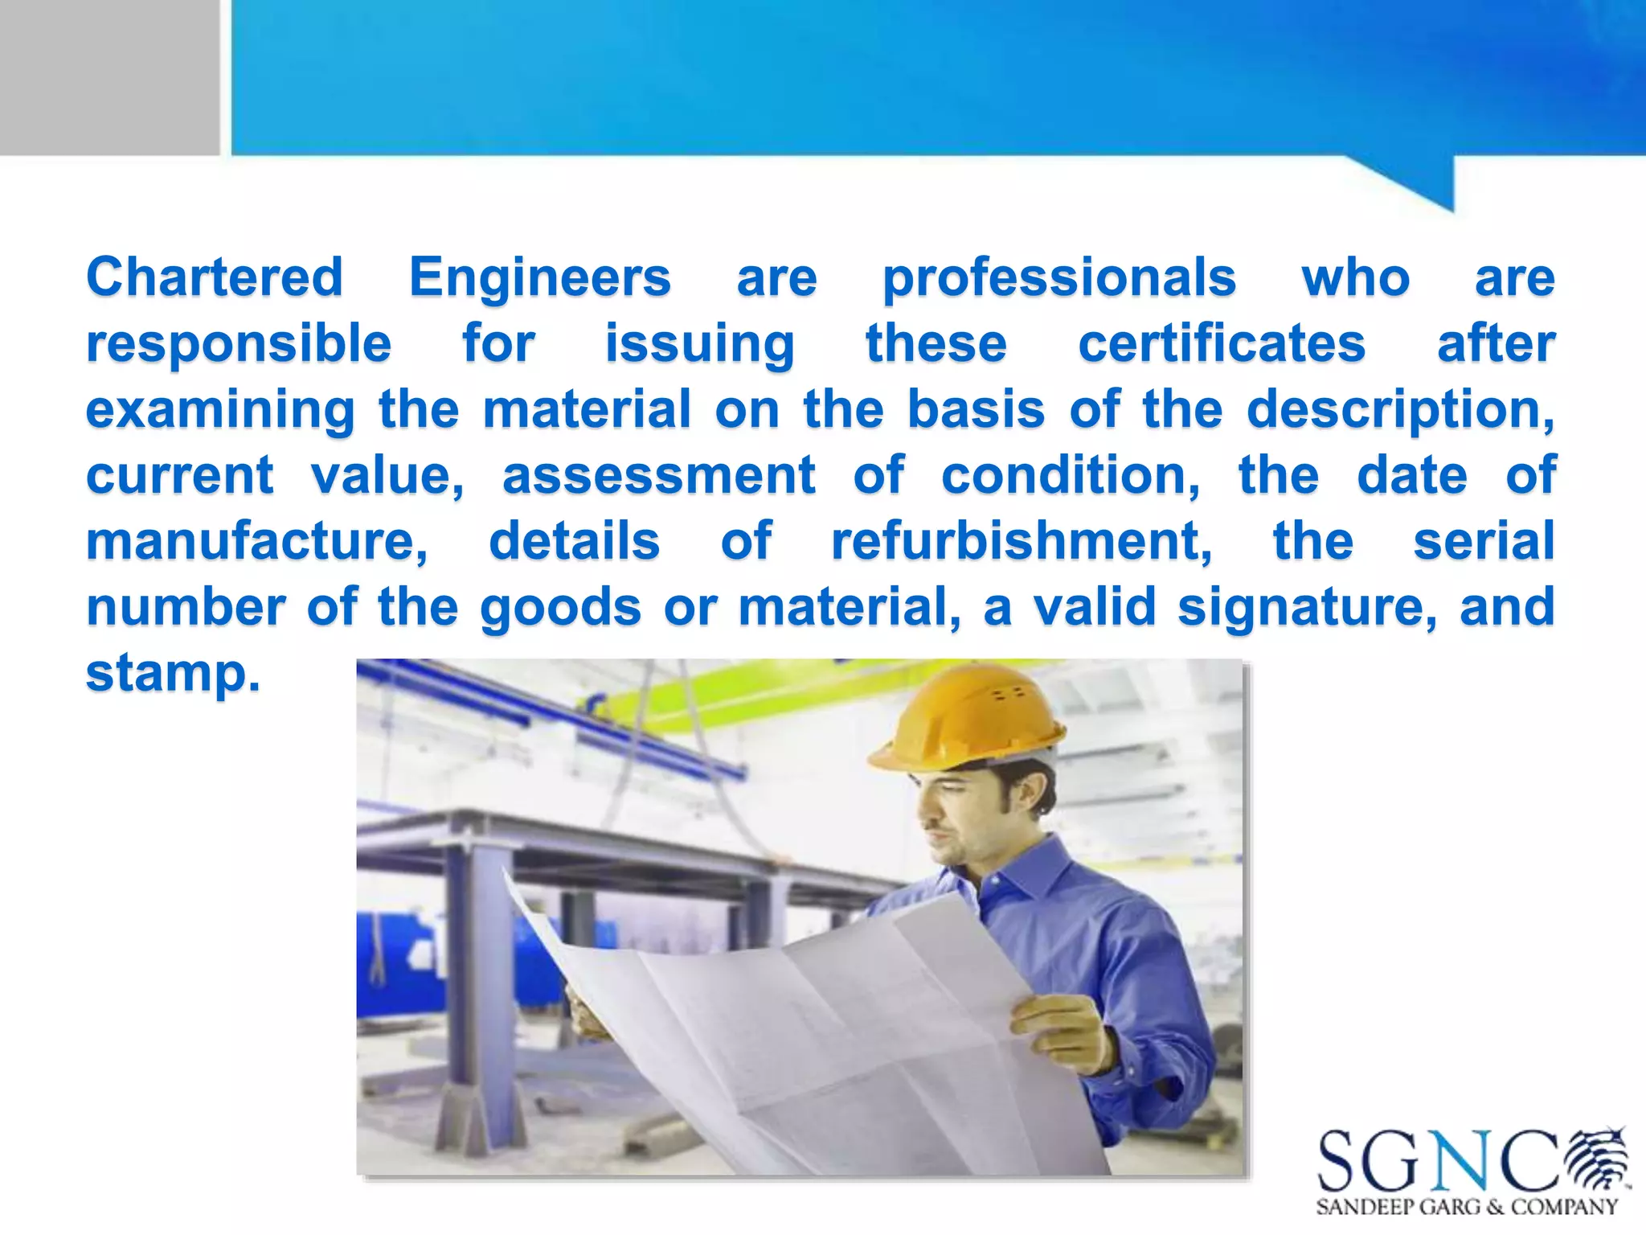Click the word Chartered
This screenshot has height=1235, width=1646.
click(215, 277)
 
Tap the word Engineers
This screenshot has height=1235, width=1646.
click(539, 277)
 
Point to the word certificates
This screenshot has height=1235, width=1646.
click(1221, 344)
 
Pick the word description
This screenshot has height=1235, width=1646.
click(1399, 410)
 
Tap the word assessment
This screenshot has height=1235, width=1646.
click(659, 475)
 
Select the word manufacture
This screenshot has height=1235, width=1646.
click(256, 541)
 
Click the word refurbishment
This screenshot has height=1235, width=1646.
click(1022, 541)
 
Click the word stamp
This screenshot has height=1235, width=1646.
click(173, 673)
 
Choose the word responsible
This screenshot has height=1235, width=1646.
click(239, 344)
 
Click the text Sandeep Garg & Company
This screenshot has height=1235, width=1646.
click(1467, 1207)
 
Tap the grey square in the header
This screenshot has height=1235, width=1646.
click(109, 77)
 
